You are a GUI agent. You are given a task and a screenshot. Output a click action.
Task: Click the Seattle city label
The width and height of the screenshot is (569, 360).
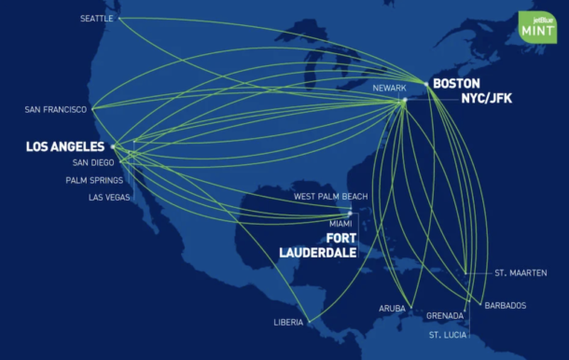96,18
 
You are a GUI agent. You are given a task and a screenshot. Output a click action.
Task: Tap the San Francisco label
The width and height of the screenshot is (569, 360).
56,110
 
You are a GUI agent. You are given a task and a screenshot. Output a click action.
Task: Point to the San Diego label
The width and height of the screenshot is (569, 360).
92,162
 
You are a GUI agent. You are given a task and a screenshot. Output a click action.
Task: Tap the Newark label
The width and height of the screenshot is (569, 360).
389,88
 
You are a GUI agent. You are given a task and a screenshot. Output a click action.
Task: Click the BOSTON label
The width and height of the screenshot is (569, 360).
457,83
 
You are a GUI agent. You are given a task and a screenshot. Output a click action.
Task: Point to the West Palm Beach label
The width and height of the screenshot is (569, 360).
330,197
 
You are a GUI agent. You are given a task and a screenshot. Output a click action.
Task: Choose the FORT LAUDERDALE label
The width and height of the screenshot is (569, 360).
317,244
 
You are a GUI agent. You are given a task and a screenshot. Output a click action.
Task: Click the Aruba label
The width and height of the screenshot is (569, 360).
392,308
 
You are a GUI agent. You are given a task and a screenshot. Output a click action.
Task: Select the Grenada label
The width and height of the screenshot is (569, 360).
444,315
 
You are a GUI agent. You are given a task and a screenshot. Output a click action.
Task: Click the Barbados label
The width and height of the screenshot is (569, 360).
505,305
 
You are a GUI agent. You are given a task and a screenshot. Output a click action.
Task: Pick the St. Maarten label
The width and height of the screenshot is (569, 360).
517,273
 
